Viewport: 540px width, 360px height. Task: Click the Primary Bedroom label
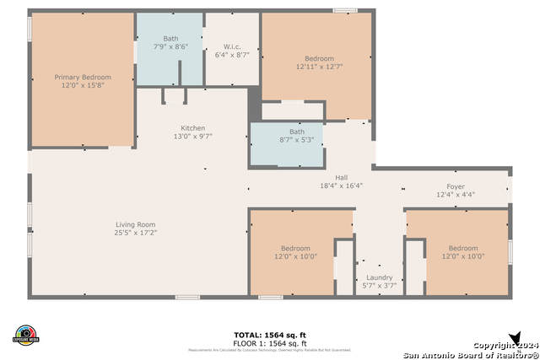[x=83, y=77]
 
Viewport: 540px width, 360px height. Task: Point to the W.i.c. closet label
[x=233, y=46]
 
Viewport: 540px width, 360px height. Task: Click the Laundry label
[x=379, y=277]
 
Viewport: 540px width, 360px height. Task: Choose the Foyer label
[x=456, y=186]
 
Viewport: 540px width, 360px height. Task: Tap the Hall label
[x=341, y=177]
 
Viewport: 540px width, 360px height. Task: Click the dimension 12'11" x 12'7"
[x=319, y=66]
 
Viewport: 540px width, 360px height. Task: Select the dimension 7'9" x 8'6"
[x=170, y=47]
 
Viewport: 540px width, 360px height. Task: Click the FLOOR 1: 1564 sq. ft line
[x=270, y=343]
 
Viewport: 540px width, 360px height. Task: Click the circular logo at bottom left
[x=26, y=335]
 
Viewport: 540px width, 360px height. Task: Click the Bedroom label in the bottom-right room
[x=463, y=248]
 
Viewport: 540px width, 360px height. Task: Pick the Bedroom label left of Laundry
[x=295, y=248]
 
